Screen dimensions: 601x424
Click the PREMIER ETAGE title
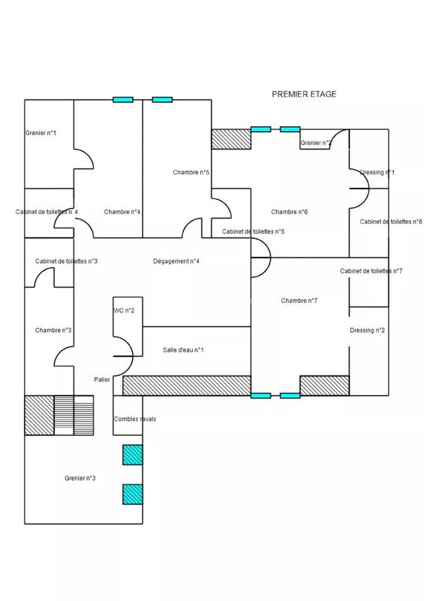click(304, 95)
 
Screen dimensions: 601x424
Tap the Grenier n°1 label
click(41, 133)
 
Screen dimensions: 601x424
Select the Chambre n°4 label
click(122, 212)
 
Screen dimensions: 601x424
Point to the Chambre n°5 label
click(191, 172)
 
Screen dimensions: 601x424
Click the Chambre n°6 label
click(290, 212)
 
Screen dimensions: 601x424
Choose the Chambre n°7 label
click(299, 300)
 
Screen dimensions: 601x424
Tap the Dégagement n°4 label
click(176, 261)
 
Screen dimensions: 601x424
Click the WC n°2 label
click(124, 310)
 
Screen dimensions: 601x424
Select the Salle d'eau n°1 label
click(183, 350)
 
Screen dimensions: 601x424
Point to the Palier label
click(102, 379)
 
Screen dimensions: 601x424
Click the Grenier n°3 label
click(80, 478)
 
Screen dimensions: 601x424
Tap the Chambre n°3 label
click(53, 330)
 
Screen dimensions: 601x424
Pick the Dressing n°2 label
click(368, 331)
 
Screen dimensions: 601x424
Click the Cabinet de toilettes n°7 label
click(371, 270)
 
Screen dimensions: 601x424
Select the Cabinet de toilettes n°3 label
click(66, 261)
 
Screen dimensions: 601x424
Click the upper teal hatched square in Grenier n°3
click(132, 455)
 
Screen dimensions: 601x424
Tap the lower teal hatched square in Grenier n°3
click(132, 494)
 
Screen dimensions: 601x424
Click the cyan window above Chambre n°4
click(123, 99)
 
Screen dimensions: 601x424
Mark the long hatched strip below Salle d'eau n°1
click(185, 385)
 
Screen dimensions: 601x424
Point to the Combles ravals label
click(134, 419)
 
